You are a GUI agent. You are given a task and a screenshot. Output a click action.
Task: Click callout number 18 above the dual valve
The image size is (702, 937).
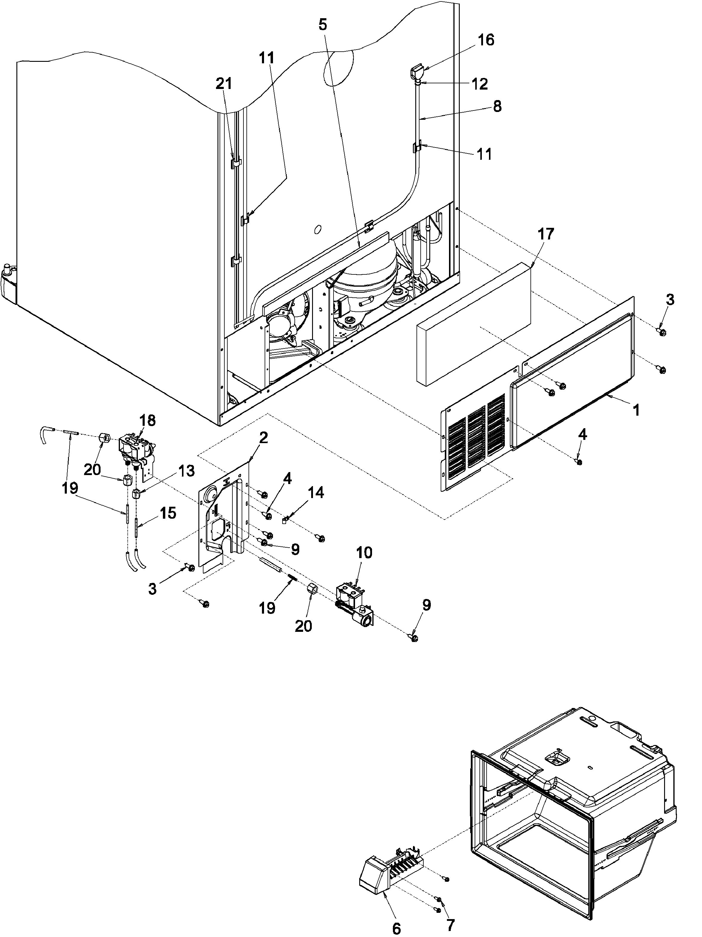coord(148,421)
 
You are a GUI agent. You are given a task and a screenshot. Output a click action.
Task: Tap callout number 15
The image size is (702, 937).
coord(168,513)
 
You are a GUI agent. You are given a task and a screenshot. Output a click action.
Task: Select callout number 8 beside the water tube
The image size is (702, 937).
coord(497,106)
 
